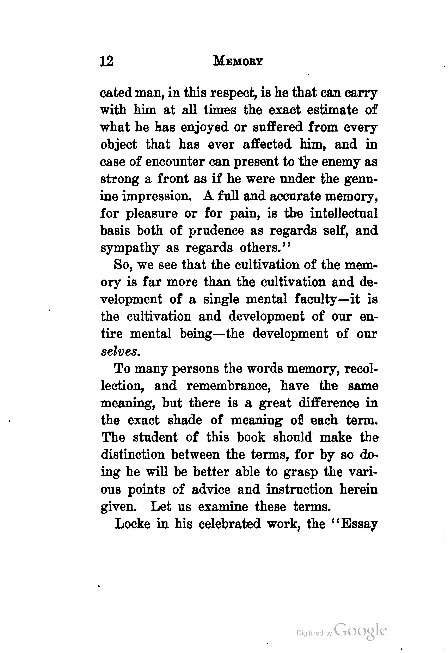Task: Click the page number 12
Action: coord(106,61)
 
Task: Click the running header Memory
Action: coord(238,61)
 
